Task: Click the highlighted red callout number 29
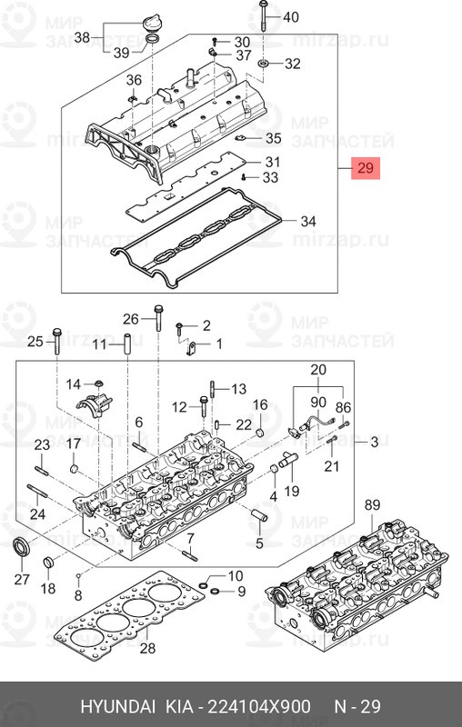pyautogui.click(x=366, y=168)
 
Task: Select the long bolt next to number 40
pyautogui.click(x=264, y=15)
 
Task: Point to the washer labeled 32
pyautogui.click(x=265, y=63)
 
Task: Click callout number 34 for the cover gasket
pyautogui.click(x=308, y=221)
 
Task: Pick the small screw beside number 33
pyautogui.click(x=244, y=177)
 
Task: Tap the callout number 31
pyautogui.click(x=273, y=162)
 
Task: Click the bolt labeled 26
pyautogui.click(x=158, y=317)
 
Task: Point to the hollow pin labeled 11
pyautogui.click(x=126, y=345)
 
